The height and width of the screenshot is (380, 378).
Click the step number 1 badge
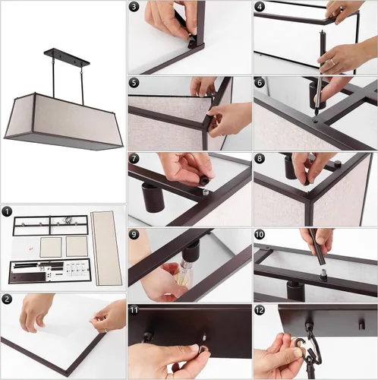(7, 211)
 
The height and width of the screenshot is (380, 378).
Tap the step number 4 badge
(260, 7)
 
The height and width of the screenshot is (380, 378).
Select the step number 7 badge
(134, 159)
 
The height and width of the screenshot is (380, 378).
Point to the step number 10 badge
(260, 235)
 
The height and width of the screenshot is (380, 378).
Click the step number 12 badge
(260, 310)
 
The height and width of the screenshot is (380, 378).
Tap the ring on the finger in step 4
(333, 62)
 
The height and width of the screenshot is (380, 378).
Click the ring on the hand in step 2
(107, 330)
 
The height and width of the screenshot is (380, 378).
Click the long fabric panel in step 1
(106, 248)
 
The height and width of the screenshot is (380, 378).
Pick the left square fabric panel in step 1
(51, 247)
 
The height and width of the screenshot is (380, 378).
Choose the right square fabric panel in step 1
(77, 246)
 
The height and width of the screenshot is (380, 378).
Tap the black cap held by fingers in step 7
(204, 181)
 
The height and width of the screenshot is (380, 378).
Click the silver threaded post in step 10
(323, 274)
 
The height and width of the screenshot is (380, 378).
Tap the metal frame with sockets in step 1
(50, 226)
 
